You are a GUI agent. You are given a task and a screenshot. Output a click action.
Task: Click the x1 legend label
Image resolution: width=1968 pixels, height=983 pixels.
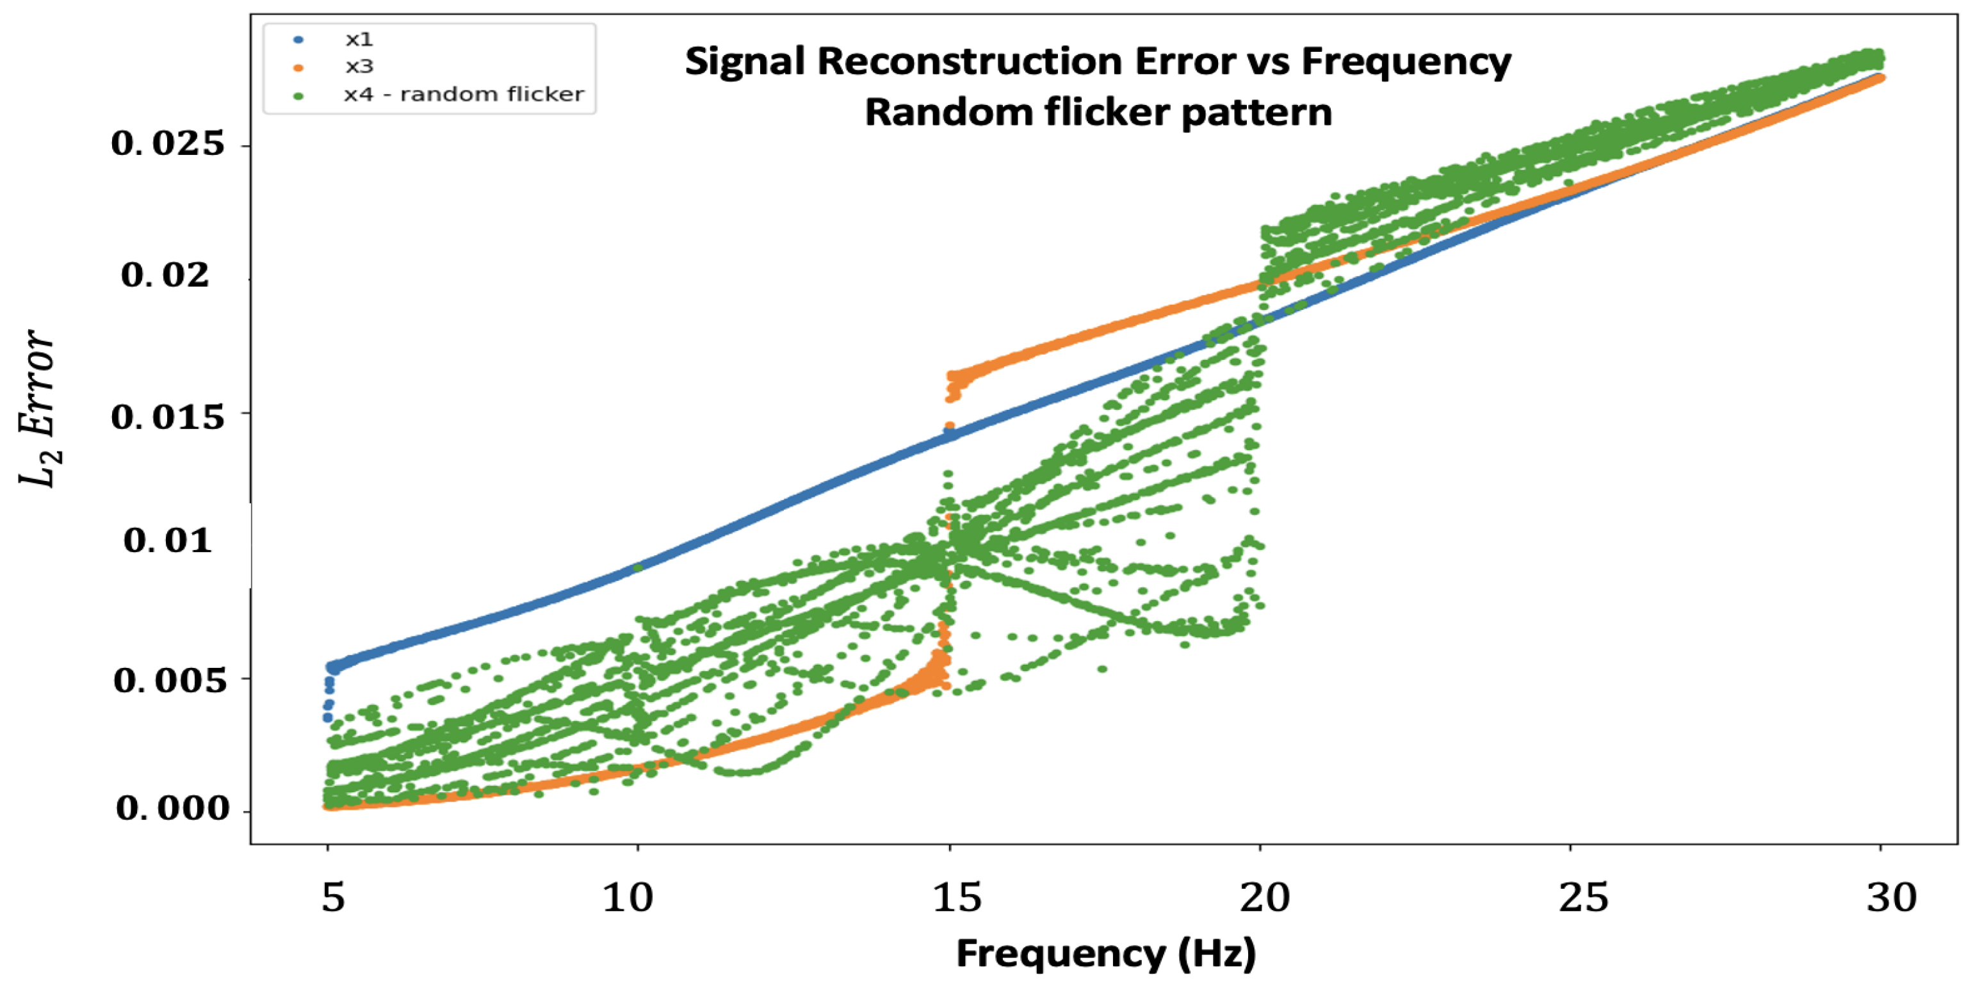point(358,39)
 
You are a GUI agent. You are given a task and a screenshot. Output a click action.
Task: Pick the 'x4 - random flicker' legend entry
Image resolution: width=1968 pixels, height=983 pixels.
point(463,95)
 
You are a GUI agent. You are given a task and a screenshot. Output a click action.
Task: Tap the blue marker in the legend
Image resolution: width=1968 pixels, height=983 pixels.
point(298,40)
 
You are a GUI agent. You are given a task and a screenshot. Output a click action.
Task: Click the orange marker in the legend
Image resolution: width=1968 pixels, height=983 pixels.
point(298,68)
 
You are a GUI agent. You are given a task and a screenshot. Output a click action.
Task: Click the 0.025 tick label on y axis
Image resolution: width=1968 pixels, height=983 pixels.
point(168,143)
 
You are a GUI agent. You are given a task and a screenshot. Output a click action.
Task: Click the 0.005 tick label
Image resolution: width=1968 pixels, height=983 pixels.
point(170,679)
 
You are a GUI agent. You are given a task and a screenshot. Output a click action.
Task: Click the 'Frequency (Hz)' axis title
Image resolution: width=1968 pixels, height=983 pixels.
point(1105,953)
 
